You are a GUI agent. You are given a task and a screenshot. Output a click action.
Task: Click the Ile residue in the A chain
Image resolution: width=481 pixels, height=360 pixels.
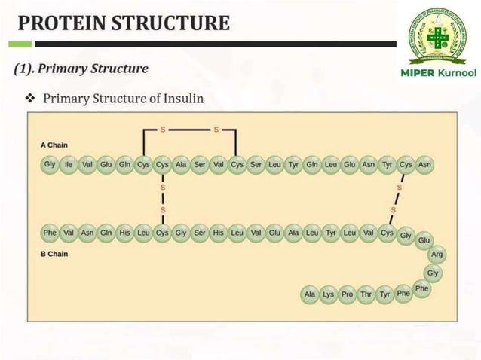69,164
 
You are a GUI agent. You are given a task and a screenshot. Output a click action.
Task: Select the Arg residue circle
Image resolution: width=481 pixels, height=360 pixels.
437,255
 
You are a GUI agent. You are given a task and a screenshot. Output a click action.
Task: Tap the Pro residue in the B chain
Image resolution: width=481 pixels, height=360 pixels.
347,294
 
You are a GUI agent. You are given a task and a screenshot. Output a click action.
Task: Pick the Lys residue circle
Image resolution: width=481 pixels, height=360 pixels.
328,294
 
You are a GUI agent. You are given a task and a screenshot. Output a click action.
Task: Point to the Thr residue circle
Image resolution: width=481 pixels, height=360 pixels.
366,294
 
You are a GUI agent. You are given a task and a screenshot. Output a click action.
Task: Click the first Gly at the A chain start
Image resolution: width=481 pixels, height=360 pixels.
50,164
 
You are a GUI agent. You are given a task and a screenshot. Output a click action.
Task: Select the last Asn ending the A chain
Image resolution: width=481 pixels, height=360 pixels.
424,164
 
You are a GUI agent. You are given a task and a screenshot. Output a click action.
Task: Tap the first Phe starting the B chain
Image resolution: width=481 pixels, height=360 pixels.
50,233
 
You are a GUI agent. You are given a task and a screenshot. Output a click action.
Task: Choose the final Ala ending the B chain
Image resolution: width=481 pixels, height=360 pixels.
309,294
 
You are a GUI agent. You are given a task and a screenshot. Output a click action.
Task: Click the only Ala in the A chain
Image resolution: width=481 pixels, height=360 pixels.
181,164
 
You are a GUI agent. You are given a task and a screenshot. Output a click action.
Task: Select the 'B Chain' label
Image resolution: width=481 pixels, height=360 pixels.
55,254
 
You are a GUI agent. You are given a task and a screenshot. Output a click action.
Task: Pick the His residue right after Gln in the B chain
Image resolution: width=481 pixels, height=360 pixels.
124,233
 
